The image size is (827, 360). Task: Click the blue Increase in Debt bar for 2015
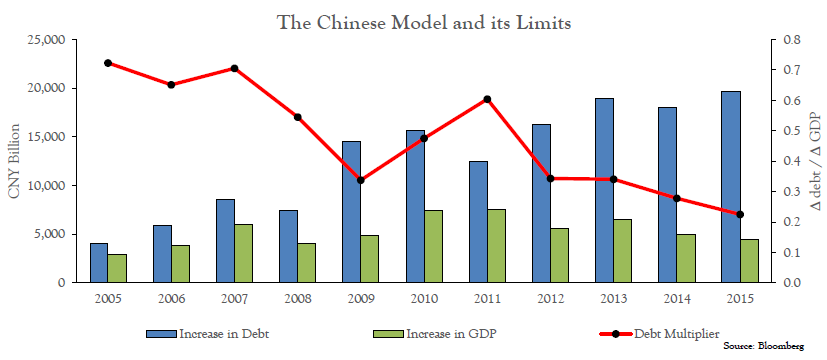click(730, 187)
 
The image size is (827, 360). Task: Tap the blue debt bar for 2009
click(352, 212)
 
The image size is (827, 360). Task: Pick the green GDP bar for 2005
click(117, 269)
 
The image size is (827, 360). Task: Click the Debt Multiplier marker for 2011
click(487, 99)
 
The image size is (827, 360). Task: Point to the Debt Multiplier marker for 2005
click(108, 63)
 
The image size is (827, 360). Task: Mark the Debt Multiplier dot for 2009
click(361, 180)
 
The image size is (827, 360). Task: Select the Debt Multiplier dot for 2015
click(740, 214)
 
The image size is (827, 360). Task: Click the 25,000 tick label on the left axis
click(47, 40)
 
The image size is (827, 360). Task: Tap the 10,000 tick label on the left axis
click(47, 186)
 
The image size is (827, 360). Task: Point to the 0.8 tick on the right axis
click(793, 40)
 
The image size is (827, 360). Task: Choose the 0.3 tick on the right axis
click(793, 192)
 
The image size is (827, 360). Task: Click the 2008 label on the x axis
click(297, 299)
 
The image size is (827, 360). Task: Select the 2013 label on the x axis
click(613, 299)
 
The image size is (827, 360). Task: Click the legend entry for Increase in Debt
click(208, 334)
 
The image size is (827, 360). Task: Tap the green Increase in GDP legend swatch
click(389, 334)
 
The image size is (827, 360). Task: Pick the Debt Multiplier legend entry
click(660, 334)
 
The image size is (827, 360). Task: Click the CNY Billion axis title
click(14, 161)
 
